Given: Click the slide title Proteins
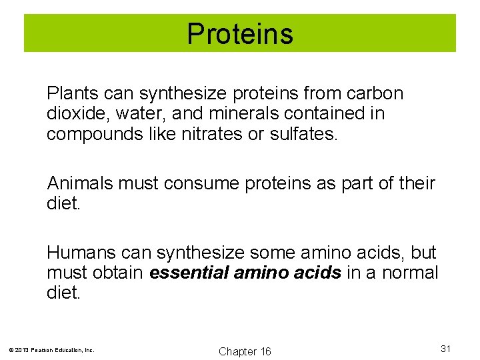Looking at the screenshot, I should point(240,33).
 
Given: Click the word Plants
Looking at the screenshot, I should point(68,94).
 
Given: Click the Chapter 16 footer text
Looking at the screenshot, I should point(245,351).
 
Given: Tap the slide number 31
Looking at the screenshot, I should point(446,348).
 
